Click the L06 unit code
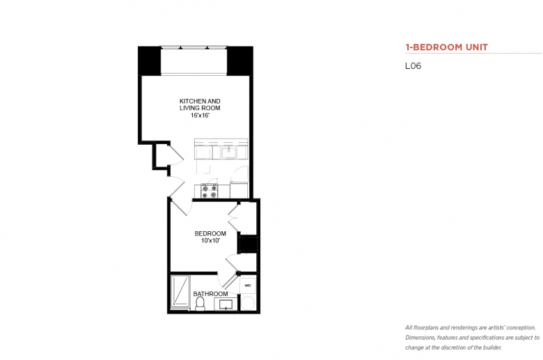413,66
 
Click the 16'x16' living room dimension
200,116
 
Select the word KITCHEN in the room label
190,101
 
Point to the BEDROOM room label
210,233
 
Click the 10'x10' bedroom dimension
210,240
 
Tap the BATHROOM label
210,294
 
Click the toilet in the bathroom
200,304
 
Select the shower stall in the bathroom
180,292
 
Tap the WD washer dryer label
248,285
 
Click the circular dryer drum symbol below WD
248,304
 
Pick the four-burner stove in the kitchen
210,191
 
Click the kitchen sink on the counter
229,152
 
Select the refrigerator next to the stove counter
239,190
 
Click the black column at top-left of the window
150,61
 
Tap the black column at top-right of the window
239,61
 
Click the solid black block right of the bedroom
248,243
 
